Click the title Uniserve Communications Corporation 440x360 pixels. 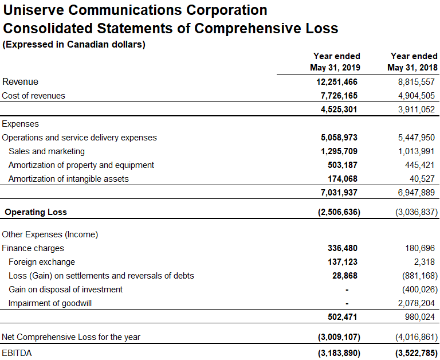coord(136,10)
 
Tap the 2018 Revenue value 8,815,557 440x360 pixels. coord(416,82)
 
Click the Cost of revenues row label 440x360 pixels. coord(34,96)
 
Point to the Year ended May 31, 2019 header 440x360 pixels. coord(336,61)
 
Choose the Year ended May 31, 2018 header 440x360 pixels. coord(413,61)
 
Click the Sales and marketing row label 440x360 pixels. coord(46,151)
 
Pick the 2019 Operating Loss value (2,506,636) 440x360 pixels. coord(339,212)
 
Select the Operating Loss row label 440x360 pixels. coord(36,212)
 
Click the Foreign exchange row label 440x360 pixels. coord(42,262)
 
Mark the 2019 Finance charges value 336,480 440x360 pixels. coord(342,248)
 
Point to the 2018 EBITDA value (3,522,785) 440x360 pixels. coord(417,353)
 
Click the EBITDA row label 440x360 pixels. coord(17,353)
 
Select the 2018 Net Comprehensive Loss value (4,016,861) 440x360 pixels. coord(417,337)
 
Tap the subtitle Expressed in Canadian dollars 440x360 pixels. coord(74,45)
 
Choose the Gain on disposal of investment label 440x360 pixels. coord(65,289)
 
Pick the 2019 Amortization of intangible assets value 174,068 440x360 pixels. coord(342,179)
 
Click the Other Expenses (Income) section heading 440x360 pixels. coord(50,234)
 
